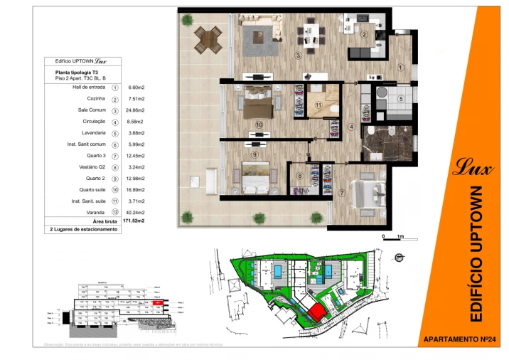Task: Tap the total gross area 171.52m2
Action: coord(134,221)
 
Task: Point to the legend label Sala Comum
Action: coord(91,110)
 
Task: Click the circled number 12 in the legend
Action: coord(114,213)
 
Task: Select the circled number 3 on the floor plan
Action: coord(299,55)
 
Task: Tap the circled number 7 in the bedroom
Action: coord(342,193)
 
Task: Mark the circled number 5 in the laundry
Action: coord(400,99)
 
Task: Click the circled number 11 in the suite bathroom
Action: coord(319,105)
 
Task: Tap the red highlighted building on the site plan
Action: coord(315,311)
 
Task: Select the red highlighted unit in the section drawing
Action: coord(159,302)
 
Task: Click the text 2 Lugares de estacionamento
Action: coord(83,230)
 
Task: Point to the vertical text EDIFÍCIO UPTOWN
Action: coord(477,253)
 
